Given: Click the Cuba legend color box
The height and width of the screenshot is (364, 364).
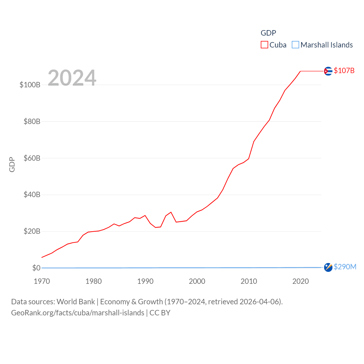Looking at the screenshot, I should point(264,45).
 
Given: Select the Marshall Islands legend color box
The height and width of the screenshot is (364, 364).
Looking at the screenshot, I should point(295,45).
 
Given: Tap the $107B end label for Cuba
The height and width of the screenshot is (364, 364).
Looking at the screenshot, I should point(344,71).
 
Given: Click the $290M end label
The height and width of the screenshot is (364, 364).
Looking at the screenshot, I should point(345,267).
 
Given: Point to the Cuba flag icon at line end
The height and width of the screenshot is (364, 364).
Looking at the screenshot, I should point(328,71).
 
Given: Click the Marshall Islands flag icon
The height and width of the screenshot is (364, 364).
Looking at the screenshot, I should point(328,267).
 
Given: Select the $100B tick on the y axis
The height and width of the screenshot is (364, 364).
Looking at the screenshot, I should point(30,85).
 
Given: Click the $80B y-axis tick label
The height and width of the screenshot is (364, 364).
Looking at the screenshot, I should point(32,121).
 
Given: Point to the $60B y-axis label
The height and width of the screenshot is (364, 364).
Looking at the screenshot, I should point(32,158).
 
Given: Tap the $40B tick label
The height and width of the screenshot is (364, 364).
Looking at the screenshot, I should point(32,195).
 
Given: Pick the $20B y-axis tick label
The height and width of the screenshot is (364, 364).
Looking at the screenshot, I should point(32,231).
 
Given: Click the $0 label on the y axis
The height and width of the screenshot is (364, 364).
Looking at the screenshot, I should point(36,268).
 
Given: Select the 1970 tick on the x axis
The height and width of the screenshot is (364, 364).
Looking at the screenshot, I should point(42,281).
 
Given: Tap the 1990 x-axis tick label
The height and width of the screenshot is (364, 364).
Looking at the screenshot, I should point(145,281).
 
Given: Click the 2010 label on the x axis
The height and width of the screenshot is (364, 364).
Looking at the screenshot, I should point(249,281).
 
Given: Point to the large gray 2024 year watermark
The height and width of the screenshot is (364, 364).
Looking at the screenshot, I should point(72,78).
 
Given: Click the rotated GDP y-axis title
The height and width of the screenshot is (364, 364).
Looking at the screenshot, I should point(12,164).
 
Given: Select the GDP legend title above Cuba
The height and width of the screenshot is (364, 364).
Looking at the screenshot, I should point(268,33).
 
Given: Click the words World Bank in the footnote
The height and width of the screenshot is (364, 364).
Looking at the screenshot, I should point(76,301).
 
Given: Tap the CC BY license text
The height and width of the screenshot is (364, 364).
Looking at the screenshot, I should point(160,313).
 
